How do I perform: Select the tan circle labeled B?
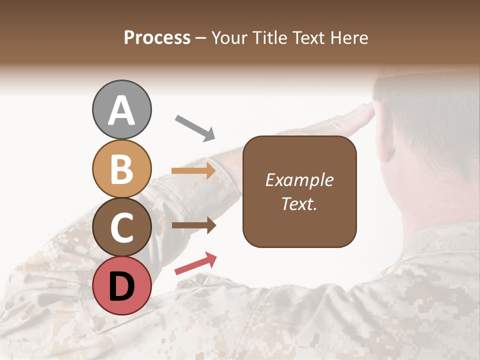click(121, 168)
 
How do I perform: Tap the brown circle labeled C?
click(121, 227)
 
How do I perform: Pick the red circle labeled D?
click(121, 285)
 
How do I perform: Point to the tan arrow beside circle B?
click(194, 171)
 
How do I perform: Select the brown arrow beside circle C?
click(194, 225)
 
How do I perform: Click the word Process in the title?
click(157, 38)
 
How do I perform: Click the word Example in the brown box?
click(299, 180)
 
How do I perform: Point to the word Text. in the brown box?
click(299, 203)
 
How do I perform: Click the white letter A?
click(121, 111)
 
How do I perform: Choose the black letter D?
click(121, 286)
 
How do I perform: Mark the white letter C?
click(121, 228)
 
